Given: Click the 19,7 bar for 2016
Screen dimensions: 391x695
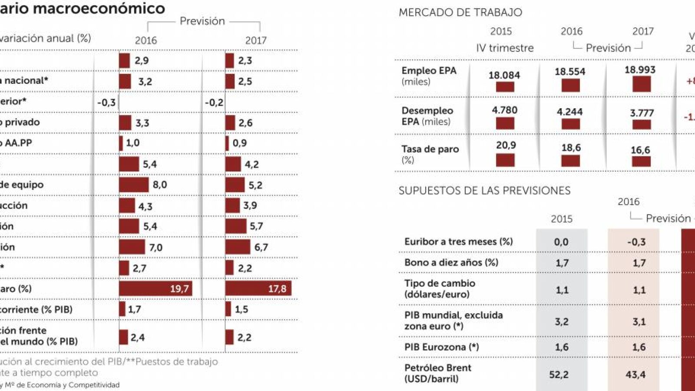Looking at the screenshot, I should (155, 288).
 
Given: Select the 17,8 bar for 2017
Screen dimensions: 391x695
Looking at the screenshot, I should (258, 288).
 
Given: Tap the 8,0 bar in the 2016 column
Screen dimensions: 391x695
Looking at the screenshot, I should (134, 185).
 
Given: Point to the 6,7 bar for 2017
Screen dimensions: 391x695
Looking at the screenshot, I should (238, 247).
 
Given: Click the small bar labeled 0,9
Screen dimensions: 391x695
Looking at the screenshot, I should (227, 143).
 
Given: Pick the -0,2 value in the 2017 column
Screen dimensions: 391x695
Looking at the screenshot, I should (214, 103).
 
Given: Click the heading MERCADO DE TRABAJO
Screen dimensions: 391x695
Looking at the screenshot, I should (460, 12).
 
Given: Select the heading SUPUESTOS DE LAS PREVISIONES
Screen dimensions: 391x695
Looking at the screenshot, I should (484, 190).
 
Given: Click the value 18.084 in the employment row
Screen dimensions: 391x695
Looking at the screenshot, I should (504, 75).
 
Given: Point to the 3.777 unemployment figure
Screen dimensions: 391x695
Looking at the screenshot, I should (642, 113).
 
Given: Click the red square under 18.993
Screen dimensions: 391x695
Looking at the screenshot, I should (641, 84).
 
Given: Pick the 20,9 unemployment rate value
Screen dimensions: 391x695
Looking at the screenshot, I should (506, 145).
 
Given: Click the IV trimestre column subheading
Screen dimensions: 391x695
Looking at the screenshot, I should (505, 48).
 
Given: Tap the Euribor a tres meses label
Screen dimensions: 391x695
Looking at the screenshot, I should (458, 242).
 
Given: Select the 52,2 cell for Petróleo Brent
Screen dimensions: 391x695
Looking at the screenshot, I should (559, 374).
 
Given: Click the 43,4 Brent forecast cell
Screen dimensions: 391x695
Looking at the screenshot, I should (635, 374).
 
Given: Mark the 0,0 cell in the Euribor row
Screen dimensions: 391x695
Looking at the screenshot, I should (561, 242).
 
